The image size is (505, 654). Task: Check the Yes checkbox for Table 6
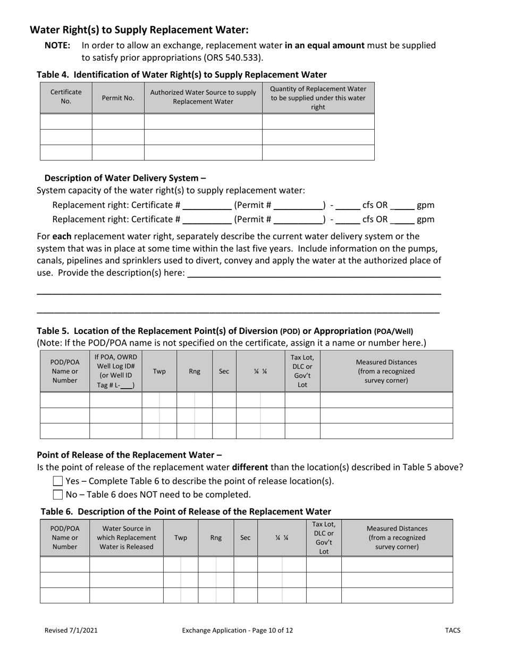click(58, 481)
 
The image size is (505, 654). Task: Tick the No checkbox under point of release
click(58, 494)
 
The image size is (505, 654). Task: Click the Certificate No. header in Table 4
click(66, 97)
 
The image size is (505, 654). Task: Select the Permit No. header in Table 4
click(118, 98)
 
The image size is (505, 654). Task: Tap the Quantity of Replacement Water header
click(318, 98)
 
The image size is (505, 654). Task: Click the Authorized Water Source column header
click(203, 97)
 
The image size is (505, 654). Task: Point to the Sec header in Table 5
click(224, 371)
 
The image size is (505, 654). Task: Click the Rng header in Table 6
click(216, 538)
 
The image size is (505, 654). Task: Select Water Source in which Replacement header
click(127, 538)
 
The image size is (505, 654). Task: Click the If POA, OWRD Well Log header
click(116, 371)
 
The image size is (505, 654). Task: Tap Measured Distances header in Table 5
click(386, 371)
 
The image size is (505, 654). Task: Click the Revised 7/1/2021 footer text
click(71, 631)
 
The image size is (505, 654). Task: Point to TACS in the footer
click(452, 631)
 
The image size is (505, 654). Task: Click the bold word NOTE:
click(57, 46)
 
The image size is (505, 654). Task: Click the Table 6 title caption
click(186, 512)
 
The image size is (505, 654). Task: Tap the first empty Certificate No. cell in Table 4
click(66, 122)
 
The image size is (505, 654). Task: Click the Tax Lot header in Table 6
click(324, 538)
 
